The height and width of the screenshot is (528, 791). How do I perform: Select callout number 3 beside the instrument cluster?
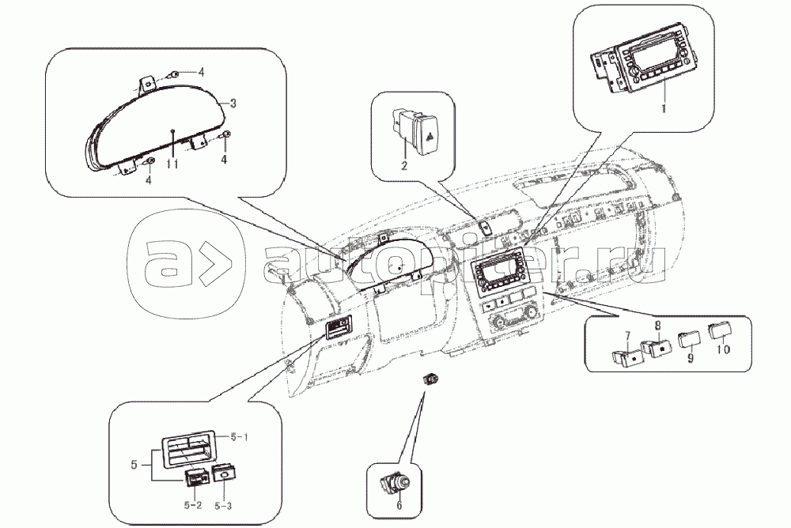pyautogui.click(x=233, y=104)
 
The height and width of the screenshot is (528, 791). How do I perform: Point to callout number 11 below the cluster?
pyautogui.click(x=172, y=164)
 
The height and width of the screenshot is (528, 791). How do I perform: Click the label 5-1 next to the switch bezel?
pyautogui.click(x=239, y=436)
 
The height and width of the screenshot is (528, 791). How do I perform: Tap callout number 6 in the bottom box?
pyautogui.click(x=399, y=505)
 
